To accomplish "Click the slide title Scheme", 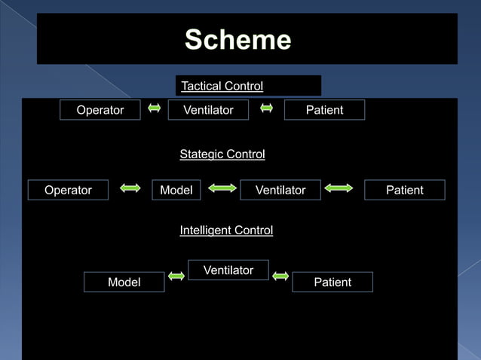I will pos(237,39).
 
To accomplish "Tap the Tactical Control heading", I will pos(222,86).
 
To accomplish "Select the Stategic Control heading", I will pos(222,154).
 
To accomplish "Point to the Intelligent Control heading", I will pos(226,230).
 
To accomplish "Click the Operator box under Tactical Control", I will pos(100,110).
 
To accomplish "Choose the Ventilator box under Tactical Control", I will pos(209,110).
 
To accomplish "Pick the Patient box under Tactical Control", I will pos(324,110).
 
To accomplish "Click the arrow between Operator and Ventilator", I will pos(155,108).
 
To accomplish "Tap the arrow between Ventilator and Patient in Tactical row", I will pos(266,108).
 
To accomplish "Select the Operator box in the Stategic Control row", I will pos(68,190).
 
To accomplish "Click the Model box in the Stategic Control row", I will pos(176,190).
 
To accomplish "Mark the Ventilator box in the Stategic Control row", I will pos(280,190).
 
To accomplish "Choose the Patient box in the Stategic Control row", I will pos(405,190).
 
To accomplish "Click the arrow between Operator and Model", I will pos(130,188).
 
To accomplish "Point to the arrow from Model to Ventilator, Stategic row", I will pos(222,188).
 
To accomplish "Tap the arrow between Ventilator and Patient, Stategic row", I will pos(339,188).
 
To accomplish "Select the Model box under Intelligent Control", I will pos(124,282).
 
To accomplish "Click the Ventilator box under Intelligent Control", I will pos(228,270).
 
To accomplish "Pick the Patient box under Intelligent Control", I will pos(332,282).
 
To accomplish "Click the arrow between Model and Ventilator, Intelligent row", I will pos(176,276).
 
